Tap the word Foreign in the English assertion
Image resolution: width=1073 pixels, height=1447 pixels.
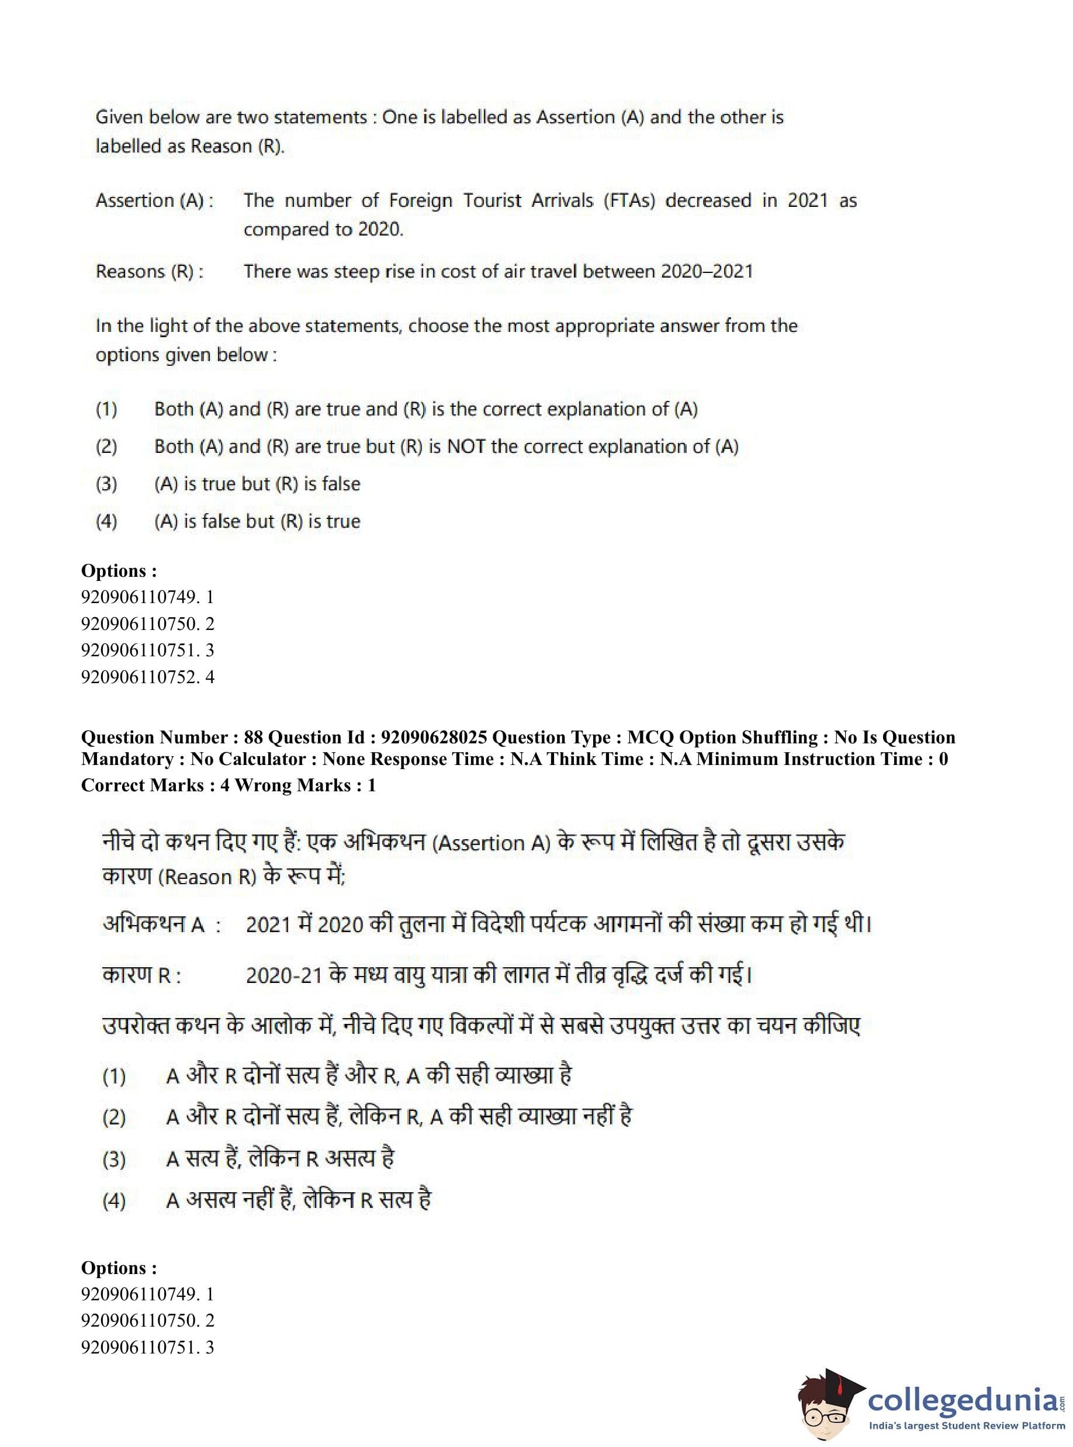click(420, 200)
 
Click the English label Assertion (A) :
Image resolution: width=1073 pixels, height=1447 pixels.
click(155, 200)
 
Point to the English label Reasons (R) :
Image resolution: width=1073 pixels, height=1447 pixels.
click(150, 272)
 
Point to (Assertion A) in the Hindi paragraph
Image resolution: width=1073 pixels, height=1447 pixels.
click(490, 843)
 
